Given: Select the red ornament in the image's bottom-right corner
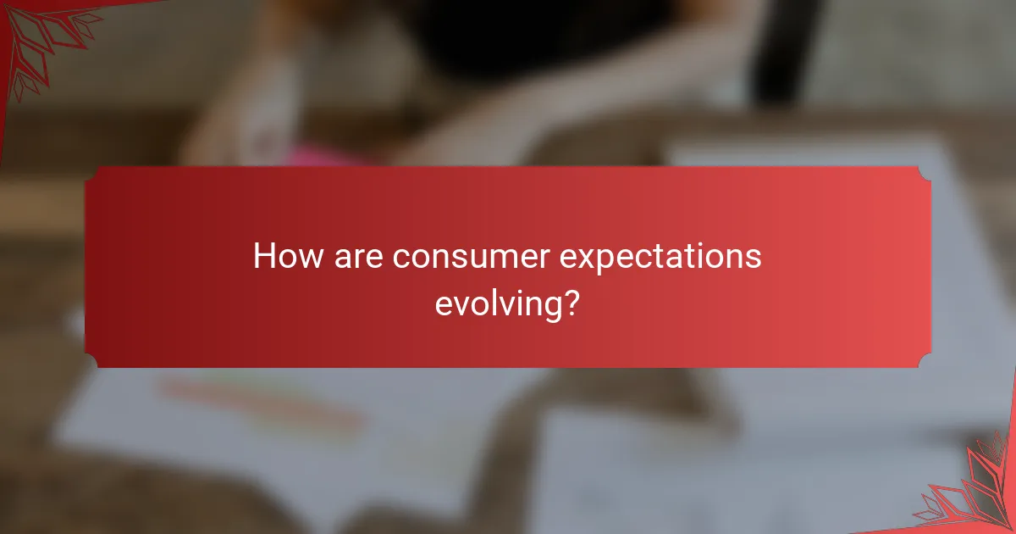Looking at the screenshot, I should [x=974, y=492].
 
